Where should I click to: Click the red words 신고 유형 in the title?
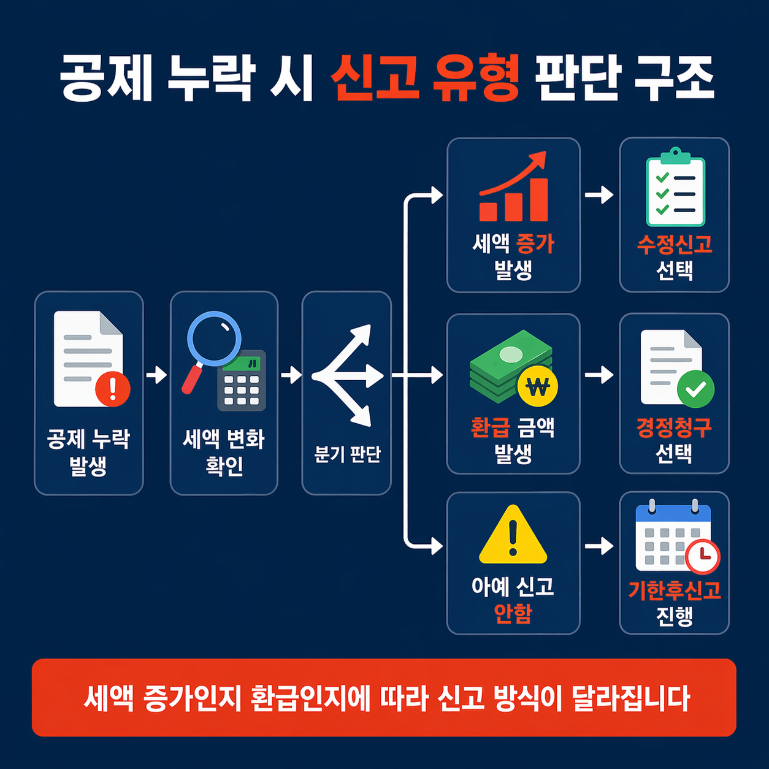[x=425, y=78]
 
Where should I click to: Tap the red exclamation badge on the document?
[x=113, y=389]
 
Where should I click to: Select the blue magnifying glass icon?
[x=213, y=339]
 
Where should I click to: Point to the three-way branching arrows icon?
[x=347, y=375]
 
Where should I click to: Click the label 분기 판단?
[x=347, y=454]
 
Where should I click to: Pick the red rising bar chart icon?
[x=513, y=187]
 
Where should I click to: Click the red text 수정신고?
[x=675, y=245]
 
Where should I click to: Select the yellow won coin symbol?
[x=538, y=387]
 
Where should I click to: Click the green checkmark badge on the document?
[x=695, y=389]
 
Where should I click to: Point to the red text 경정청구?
[x=675, y=427]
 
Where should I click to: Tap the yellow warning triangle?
[x=513, y=535]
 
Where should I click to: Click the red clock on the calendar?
[x=702, y=556]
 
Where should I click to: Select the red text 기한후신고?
[x=675, y=590]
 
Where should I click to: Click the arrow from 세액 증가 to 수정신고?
[x=599, y=195]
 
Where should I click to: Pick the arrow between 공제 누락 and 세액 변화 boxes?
[x=156, y=375]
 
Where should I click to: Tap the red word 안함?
[x=513, y=613]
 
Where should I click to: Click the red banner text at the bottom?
[x=386, y=698]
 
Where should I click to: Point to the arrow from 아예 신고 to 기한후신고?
[x=599, y=545]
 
